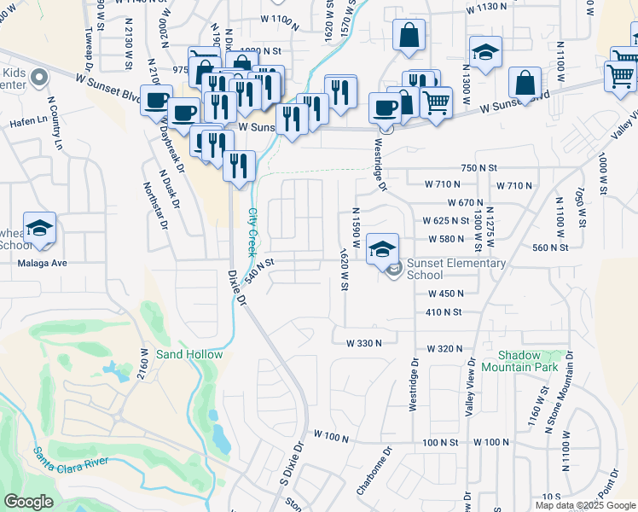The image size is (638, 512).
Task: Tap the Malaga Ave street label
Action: pos(42,264)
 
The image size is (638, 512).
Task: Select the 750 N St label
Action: pos(478,168)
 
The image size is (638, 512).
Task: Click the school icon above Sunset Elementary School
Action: pos(383,249)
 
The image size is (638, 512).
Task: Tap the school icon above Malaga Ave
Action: pos(39,227)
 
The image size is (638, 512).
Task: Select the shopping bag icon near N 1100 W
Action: pos(525,83)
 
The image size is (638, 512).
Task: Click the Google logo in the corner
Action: pos(28,502)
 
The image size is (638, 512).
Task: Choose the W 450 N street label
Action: pos(444,293)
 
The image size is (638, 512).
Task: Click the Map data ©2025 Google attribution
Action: pos(585,505)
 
